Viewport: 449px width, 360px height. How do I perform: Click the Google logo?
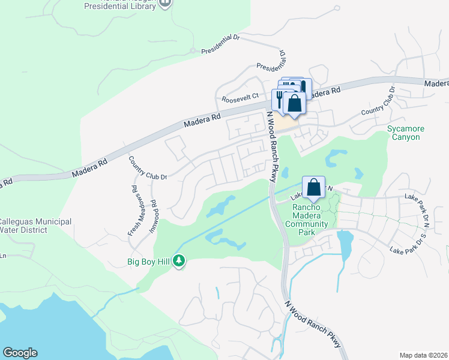[20, 353]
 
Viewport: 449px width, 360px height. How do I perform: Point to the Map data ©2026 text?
[424, 355]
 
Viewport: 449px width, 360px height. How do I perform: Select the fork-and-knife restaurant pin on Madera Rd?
[280, 98]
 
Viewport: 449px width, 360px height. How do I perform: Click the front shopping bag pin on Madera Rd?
[295, 102]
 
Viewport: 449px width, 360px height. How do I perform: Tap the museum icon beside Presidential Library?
[166, 3]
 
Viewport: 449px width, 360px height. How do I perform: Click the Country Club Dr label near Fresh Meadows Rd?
[147, 169]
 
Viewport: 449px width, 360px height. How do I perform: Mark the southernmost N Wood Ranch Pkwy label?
[315, 323]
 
